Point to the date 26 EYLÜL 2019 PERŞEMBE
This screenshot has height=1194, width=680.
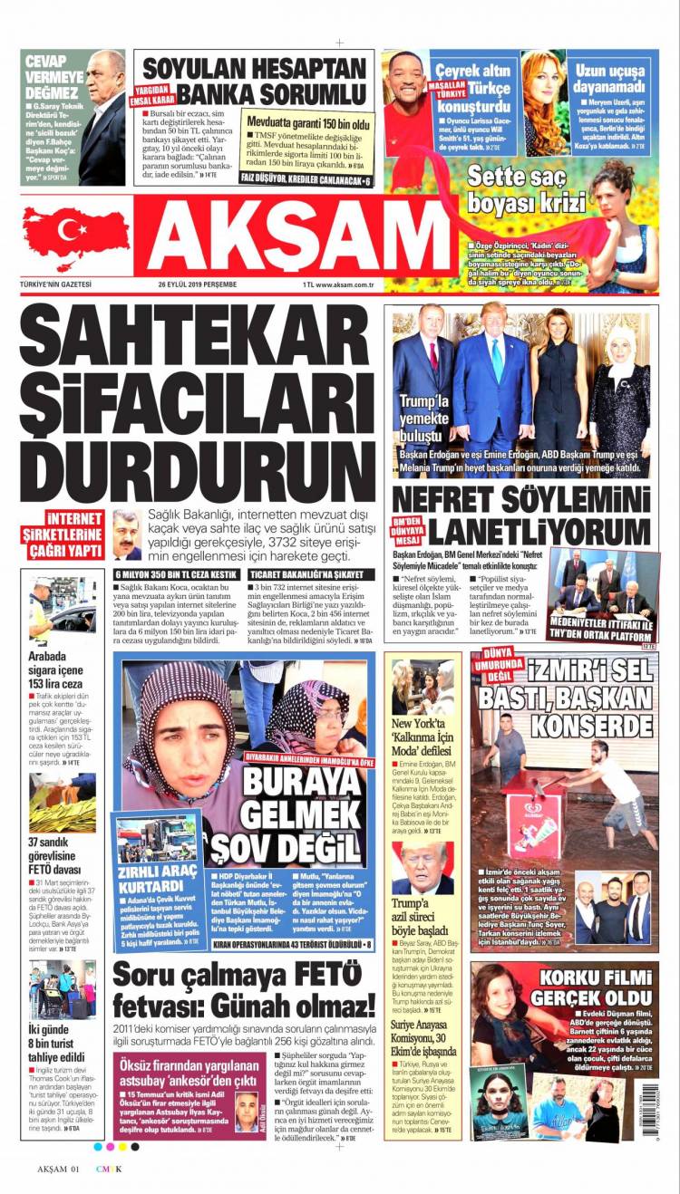coord(197,284)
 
